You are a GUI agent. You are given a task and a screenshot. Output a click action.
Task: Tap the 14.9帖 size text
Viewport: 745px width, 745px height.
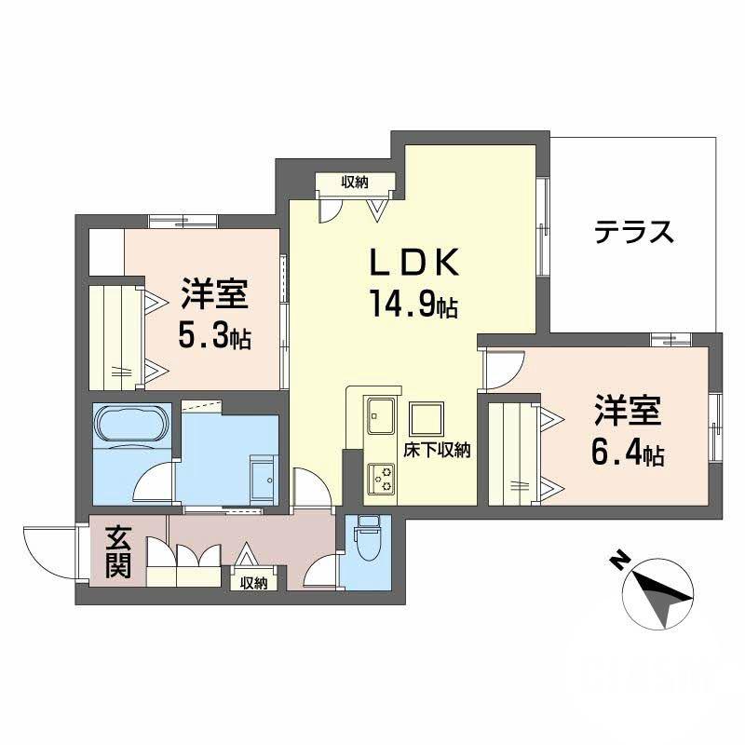click(x=415, y=305)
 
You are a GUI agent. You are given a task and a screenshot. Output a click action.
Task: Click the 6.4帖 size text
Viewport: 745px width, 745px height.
click(x=628, y=454)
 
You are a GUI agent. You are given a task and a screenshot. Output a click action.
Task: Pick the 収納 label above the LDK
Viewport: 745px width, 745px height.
click(x=354, y=182)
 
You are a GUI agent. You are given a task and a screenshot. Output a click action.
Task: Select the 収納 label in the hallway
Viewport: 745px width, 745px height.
click(x=253, y=584)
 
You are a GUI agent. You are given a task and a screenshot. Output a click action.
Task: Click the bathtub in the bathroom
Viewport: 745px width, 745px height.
click(x=131, y=425)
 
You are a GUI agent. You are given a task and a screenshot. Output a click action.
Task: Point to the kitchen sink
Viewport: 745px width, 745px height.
click(x=380, y=414)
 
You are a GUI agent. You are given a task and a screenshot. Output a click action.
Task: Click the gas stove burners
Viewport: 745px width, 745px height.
click(x=381, y=479)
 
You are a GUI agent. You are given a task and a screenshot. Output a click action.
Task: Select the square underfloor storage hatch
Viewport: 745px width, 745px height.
click(x=427, y=419)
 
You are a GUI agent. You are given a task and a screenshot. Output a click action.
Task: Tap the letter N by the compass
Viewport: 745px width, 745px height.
click(x=616, y=561)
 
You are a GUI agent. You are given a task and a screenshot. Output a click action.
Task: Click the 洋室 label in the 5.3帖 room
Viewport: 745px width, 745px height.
click(x=214, y=294)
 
